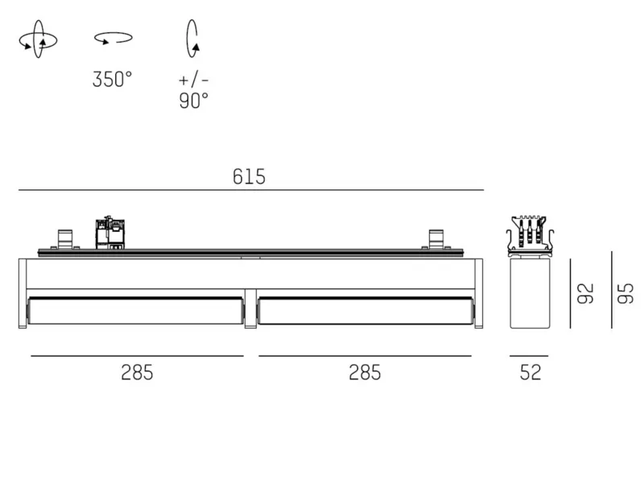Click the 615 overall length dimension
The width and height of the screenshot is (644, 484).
point(249,176)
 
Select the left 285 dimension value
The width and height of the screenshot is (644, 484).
point(137,373)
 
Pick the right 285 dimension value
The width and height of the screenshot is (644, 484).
point(365,373)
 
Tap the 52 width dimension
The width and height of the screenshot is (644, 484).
point(530,372)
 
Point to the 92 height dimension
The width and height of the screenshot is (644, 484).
point(586,293)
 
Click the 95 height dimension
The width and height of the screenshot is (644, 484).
point(625,293)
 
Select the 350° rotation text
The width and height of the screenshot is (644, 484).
point(112,79)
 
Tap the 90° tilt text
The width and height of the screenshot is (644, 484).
point(193,100)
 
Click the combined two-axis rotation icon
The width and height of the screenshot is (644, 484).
point(38,39)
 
